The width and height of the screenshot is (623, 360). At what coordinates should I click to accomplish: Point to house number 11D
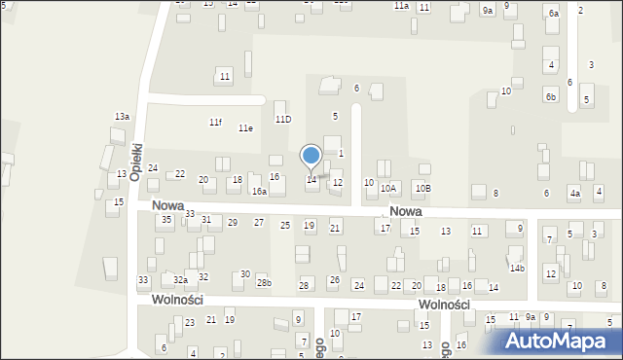[283, 119]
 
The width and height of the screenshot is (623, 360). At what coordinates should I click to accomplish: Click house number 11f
[215, 122]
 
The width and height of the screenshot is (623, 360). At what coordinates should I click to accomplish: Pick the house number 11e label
[245, 127]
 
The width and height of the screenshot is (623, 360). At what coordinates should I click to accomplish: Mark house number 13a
[122, 116]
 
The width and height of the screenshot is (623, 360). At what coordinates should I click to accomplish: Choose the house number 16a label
[259, 192]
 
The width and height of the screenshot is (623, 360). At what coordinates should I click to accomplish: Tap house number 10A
[388, 188]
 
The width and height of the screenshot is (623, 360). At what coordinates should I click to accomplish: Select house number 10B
[421, 188]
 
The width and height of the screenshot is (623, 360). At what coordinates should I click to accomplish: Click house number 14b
[517, 268]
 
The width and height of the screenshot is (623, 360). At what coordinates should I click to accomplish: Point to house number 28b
[264, 282]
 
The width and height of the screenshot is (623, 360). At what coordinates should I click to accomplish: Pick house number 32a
[180, 279]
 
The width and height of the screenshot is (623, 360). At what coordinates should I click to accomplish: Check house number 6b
[550, 96]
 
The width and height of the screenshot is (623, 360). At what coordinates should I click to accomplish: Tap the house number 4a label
[575, 194]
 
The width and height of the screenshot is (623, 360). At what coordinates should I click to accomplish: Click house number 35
[166, 220]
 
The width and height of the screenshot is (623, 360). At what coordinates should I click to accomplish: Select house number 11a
[401, 6]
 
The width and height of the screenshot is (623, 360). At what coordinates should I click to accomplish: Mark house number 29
[233, 222]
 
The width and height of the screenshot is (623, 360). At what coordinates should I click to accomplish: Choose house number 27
[259, 222]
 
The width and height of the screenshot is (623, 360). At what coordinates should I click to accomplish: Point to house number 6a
[553, 14]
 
